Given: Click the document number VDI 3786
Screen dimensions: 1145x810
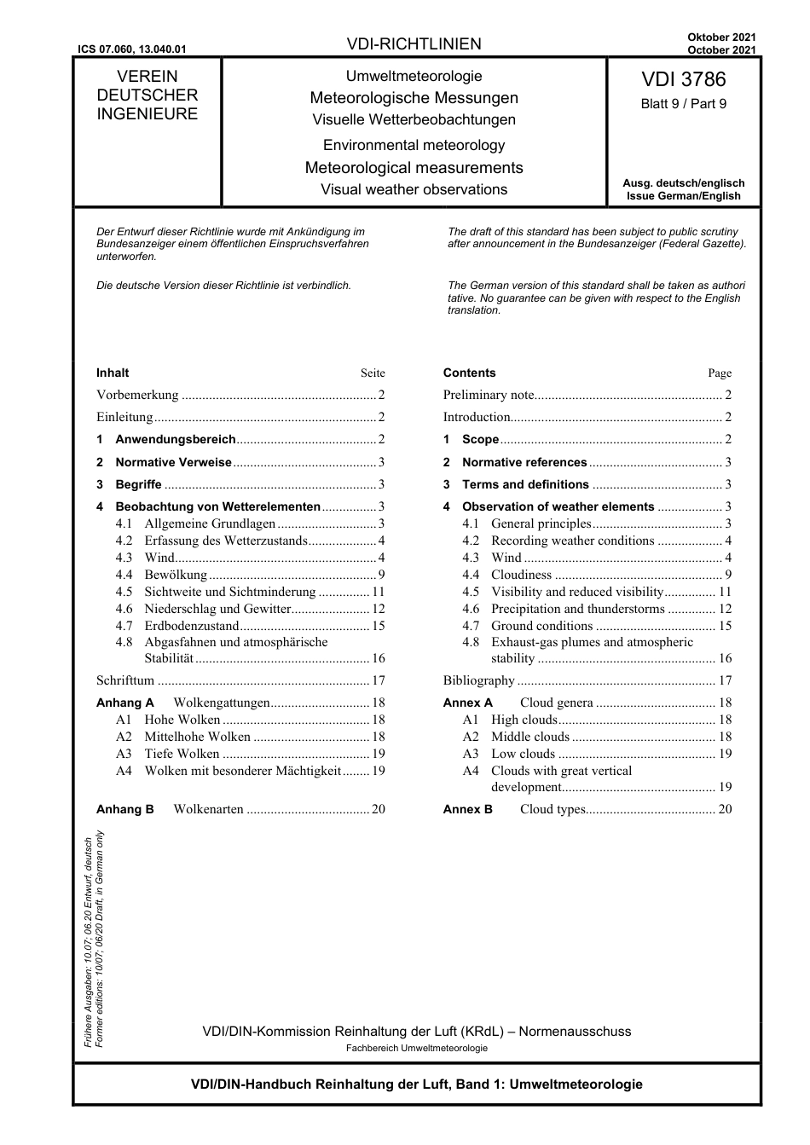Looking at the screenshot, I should point(683,79).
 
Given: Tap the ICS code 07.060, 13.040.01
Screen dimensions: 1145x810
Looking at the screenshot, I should point(130,50).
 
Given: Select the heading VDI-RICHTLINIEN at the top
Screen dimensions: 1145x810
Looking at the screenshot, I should point(414,44).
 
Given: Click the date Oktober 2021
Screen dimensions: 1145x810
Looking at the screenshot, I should point(721,38).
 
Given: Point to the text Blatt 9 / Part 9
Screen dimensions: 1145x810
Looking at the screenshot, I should point(683,104).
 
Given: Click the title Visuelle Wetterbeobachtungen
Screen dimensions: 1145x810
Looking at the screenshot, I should point(414,120).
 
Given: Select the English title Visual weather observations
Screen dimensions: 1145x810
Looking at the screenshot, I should point(414,190).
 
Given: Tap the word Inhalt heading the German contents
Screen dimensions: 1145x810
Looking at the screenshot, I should point(113,373).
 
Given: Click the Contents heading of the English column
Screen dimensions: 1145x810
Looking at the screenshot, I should point(469,373).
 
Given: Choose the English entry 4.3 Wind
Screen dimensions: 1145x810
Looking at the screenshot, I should point(506,558).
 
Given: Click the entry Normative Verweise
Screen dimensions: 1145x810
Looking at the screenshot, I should point(173,462).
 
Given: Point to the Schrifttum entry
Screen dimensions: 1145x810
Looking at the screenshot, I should point(125,680).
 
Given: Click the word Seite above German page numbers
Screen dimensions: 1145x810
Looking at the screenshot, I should point(373,373).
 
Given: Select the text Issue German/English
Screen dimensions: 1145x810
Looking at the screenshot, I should point(683,196).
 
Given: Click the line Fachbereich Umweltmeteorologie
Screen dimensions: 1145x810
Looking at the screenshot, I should point(416,1048).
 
